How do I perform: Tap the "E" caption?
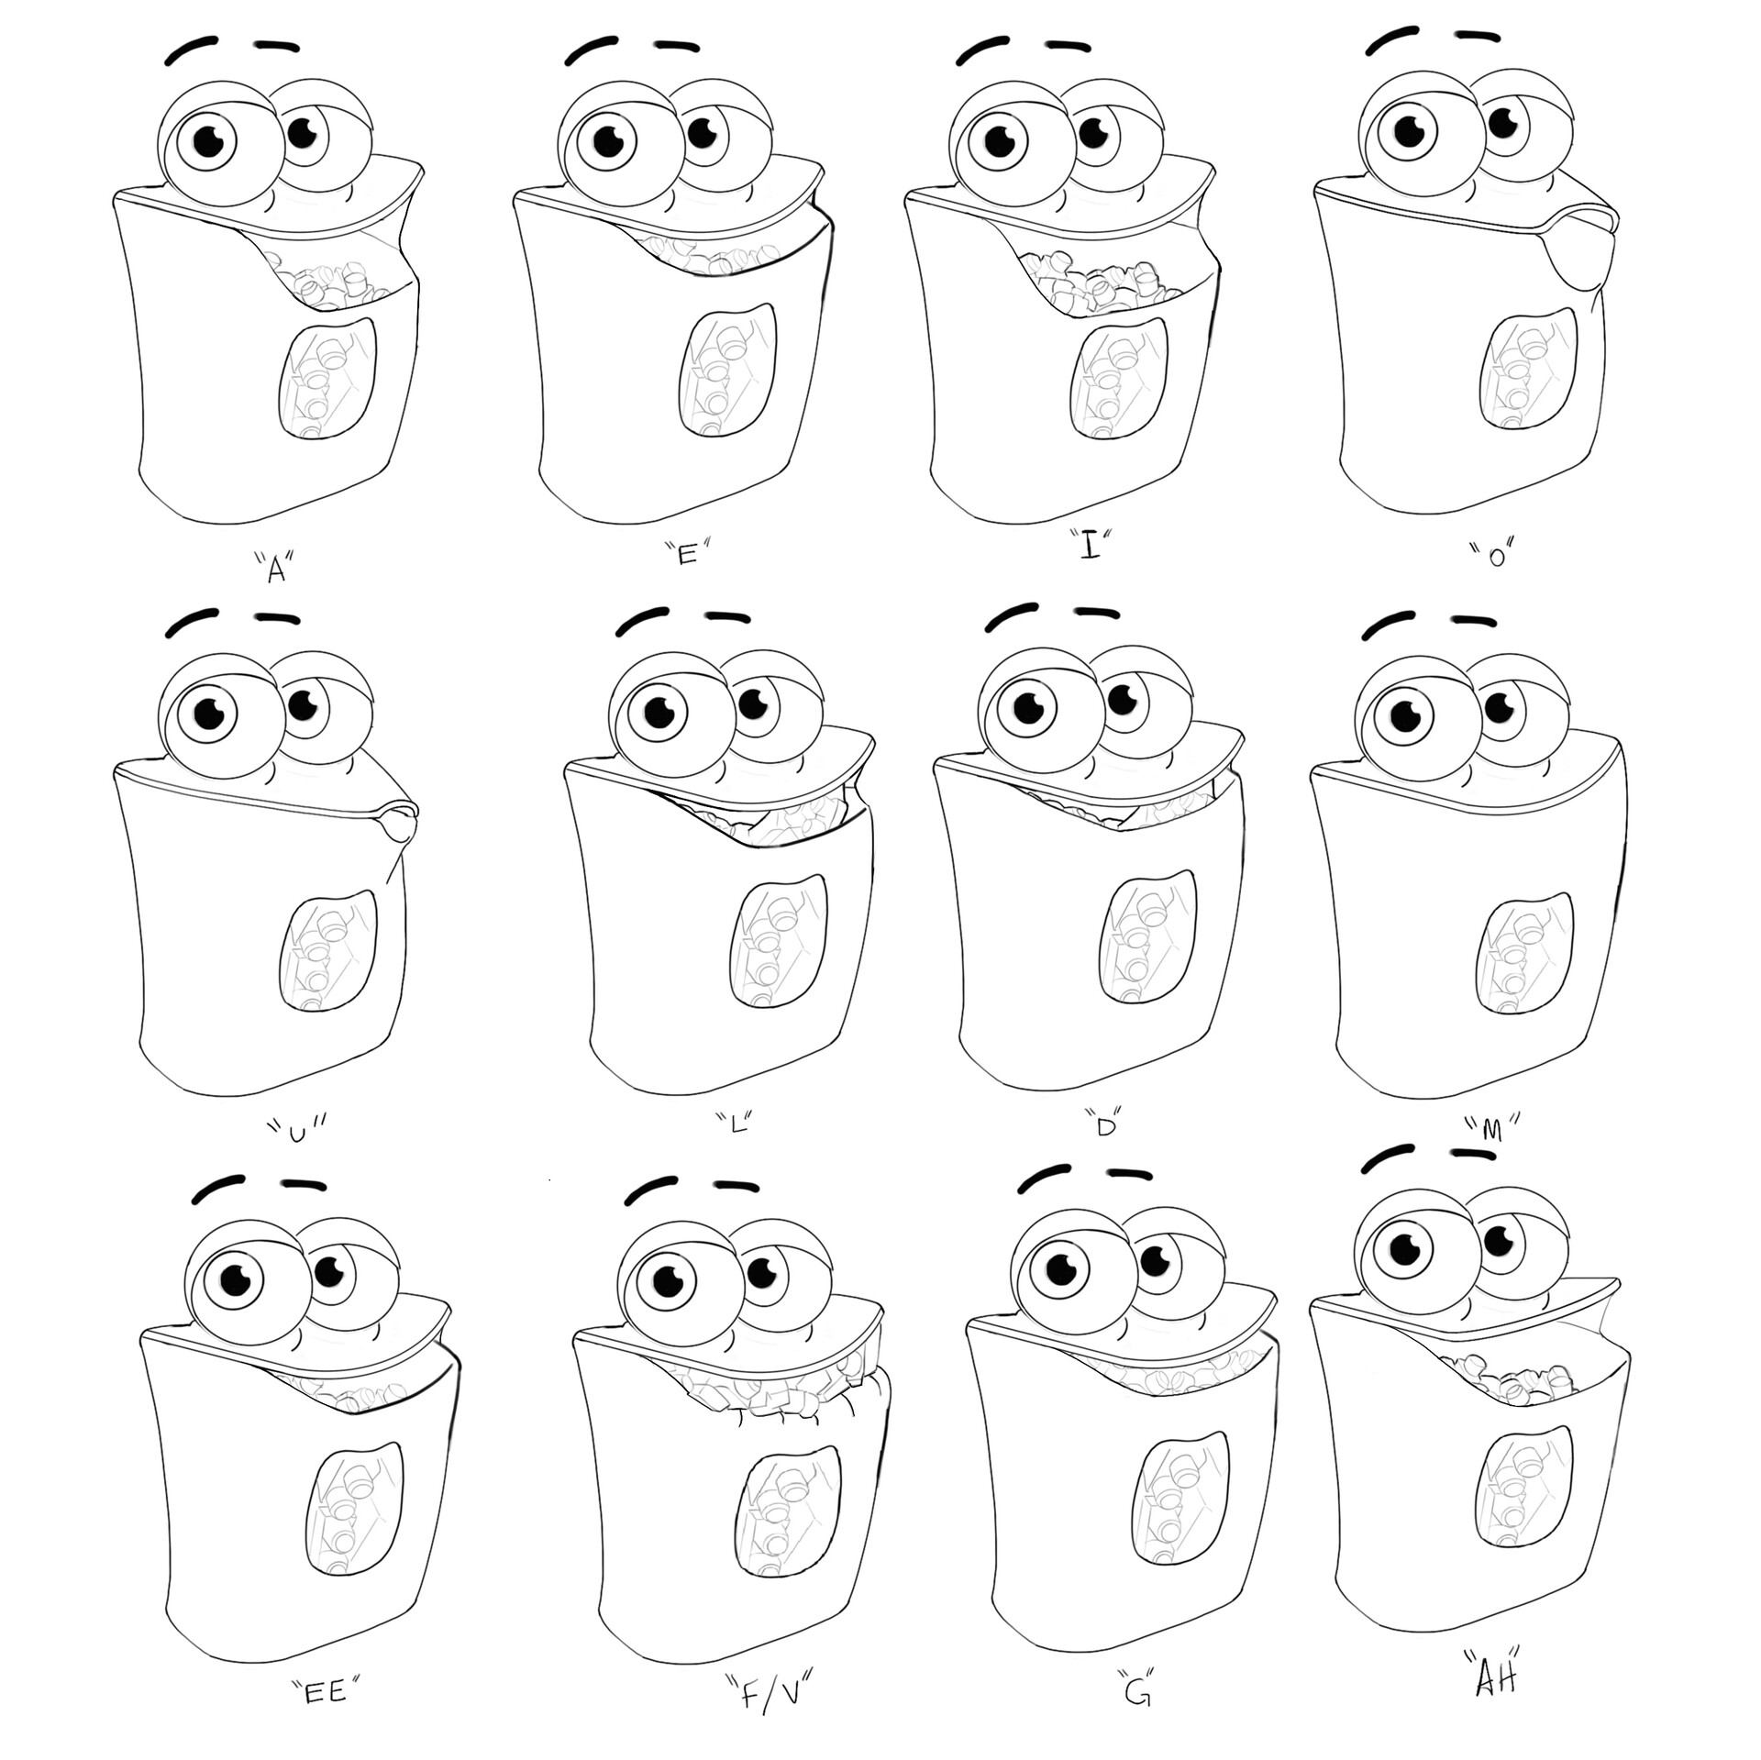[688, 553]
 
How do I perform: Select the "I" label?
[1090, 548]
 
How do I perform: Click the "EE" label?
[327, 1690]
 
